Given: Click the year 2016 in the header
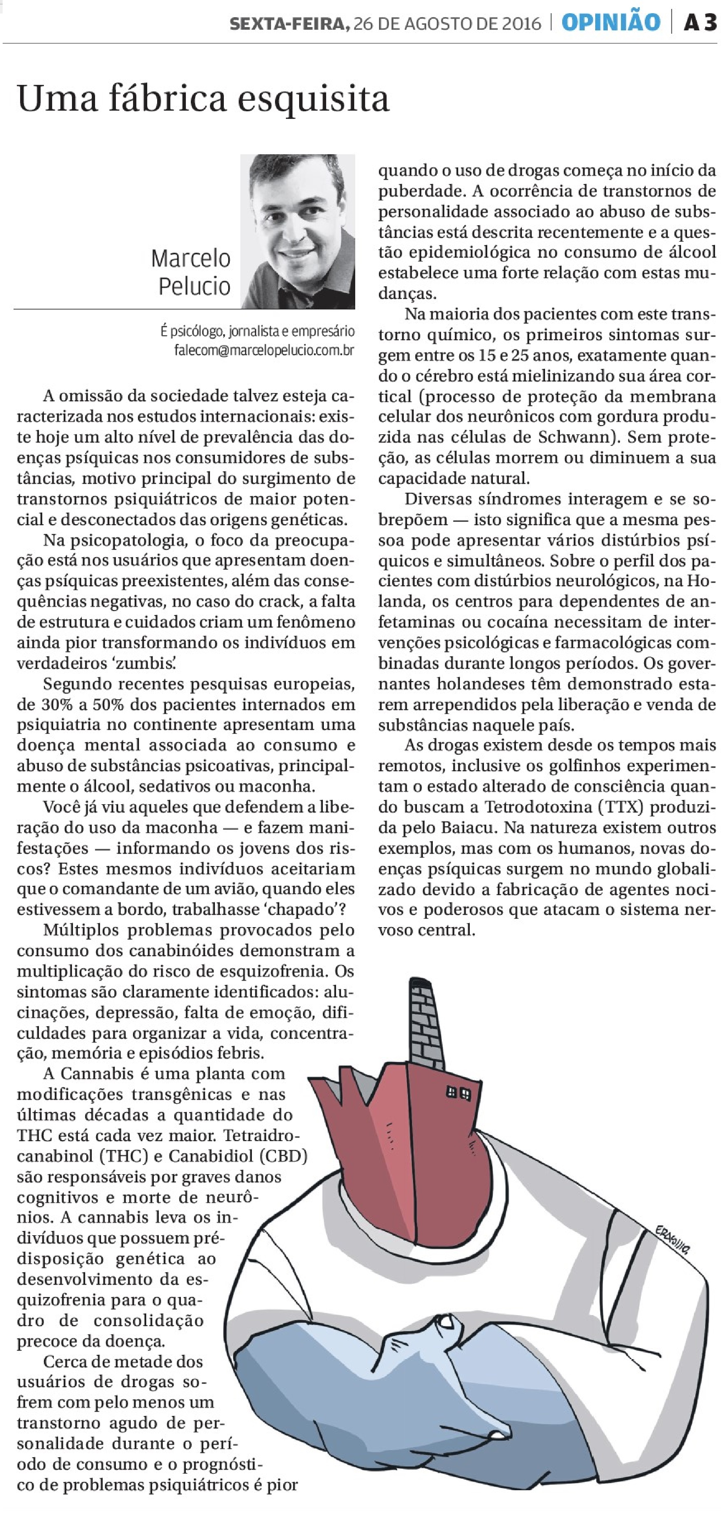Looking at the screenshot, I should pyautogui.click(x=517, y=23).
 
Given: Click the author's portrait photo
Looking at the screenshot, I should pyautogui.click(x=297, y=231).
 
